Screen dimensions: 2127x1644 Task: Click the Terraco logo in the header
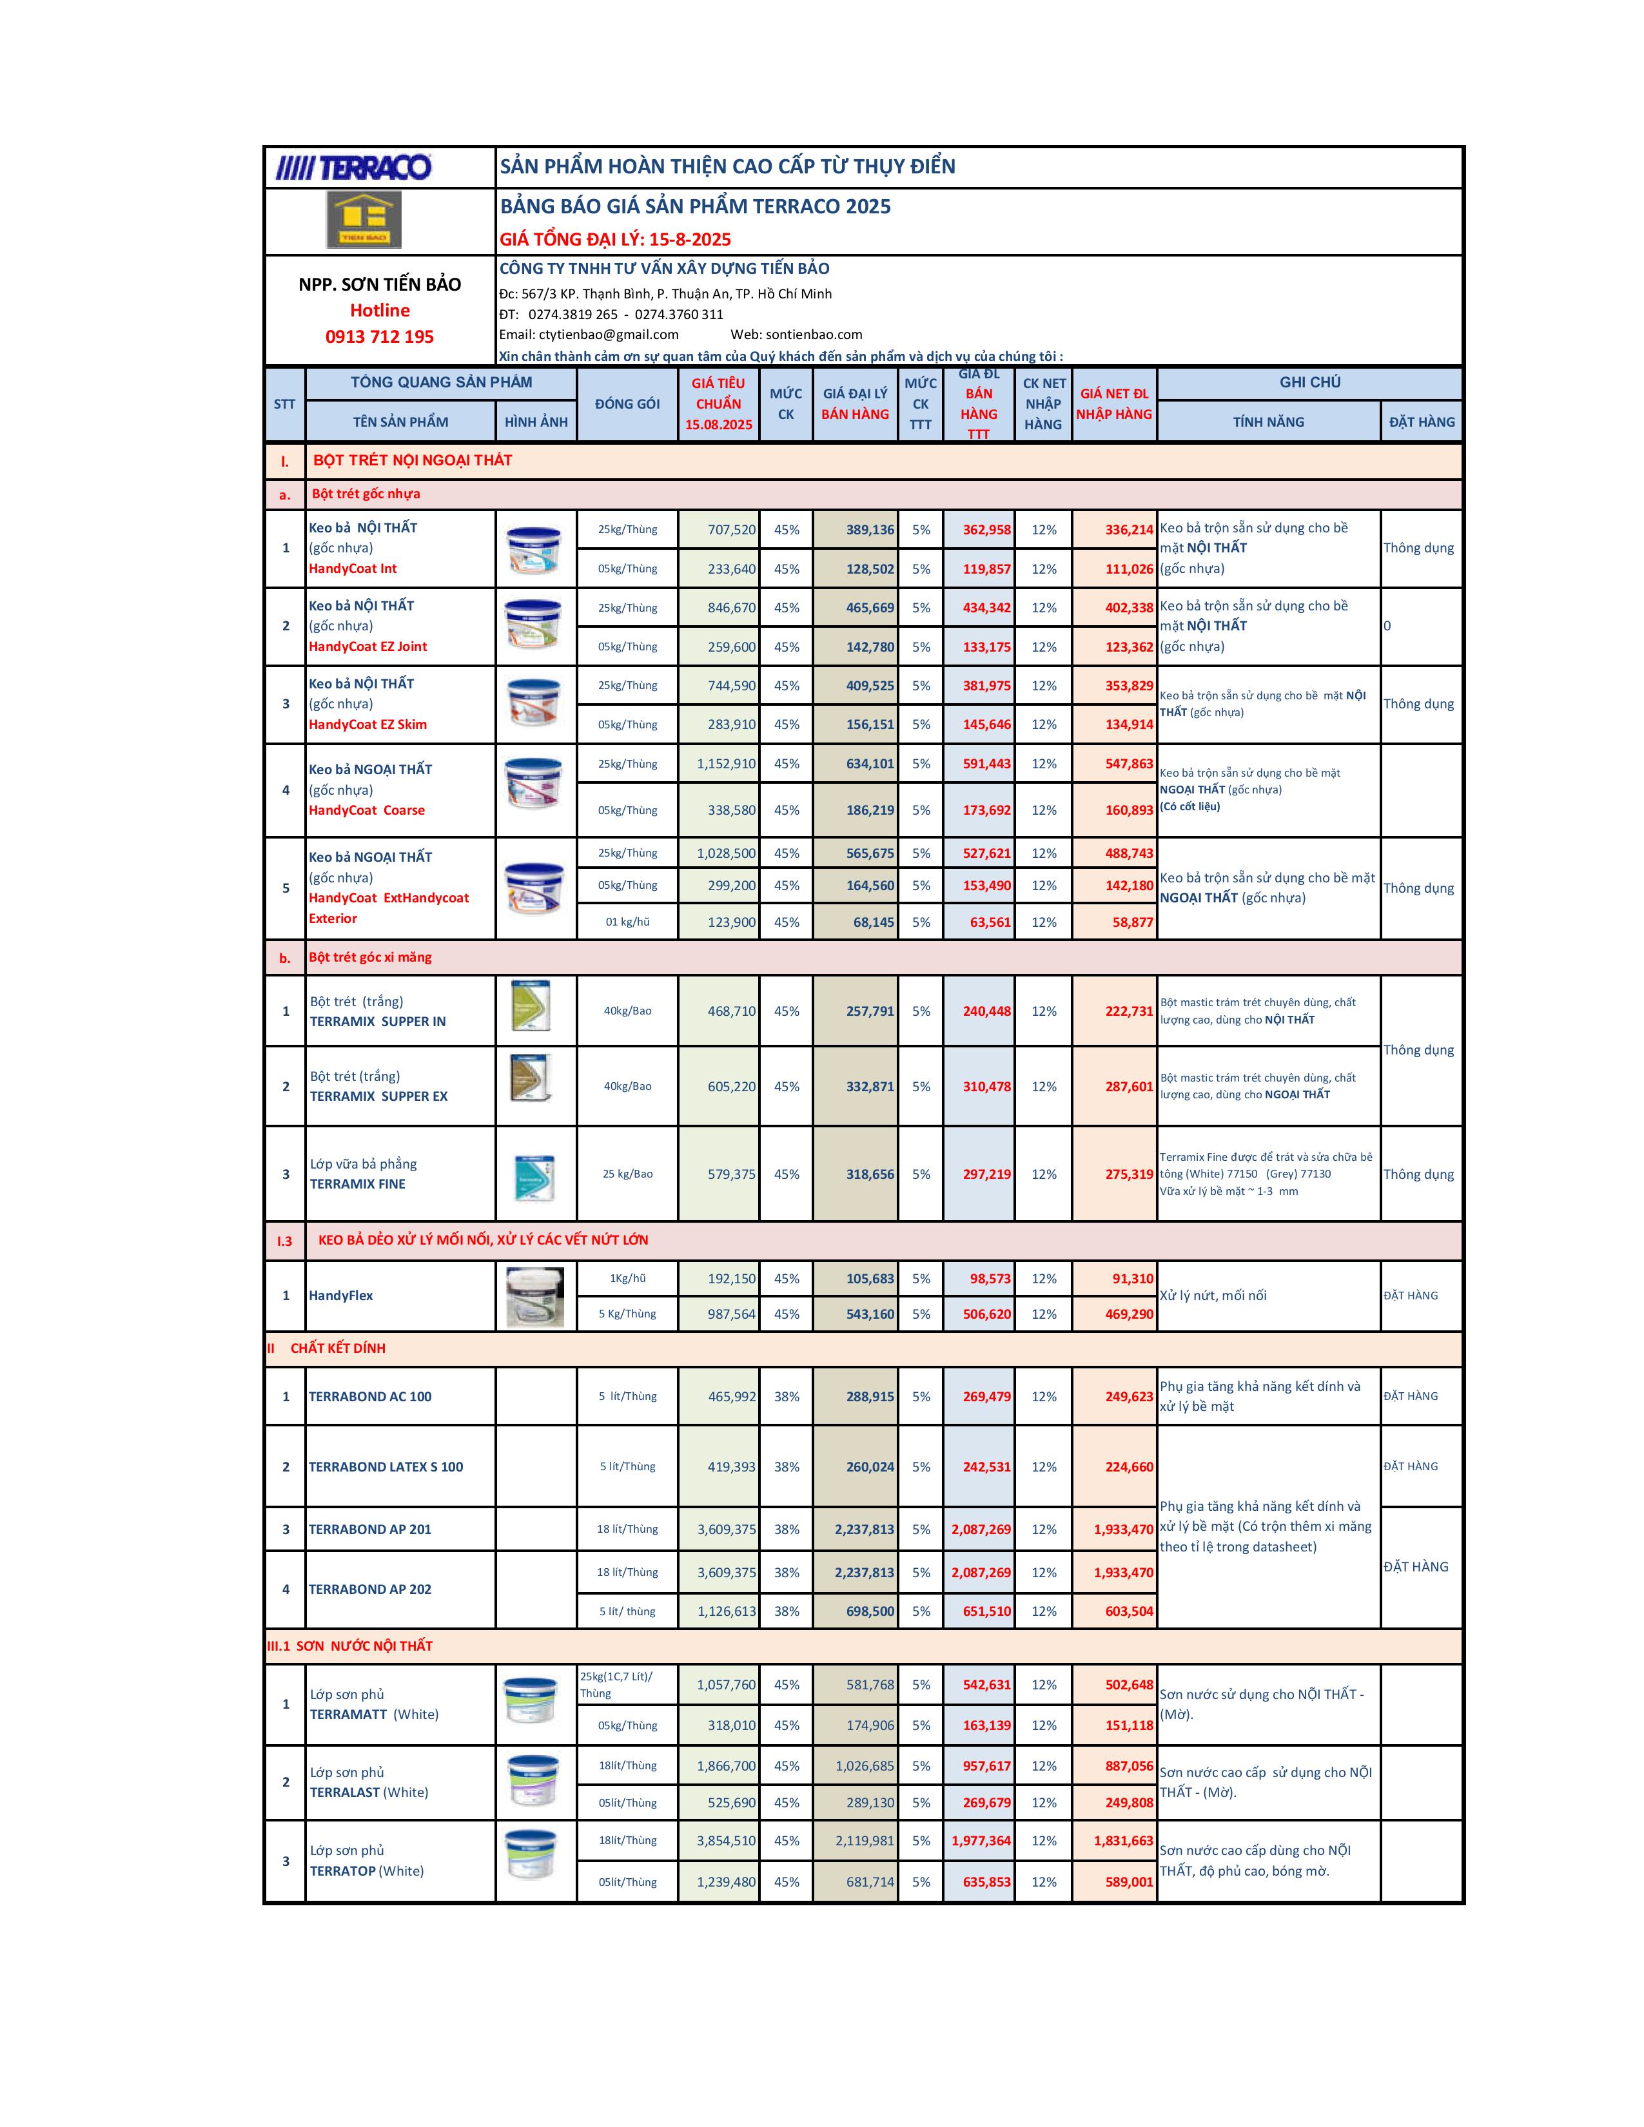point(353,168)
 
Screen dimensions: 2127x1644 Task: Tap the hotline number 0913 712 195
point(380,337)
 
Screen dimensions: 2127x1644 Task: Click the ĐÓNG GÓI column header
point(627,404)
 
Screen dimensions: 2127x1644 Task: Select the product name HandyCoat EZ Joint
point(368,646)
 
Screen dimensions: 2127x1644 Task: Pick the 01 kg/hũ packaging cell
point(627,922)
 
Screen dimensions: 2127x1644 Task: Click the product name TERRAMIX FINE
point(357,1184)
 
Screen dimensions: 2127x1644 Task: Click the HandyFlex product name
point(341,1296)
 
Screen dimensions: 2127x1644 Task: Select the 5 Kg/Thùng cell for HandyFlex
point(627,1314)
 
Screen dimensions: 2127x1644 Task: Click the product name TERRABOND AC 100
point(370,1397)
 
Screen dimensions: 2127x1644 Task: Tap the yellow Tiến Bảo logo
point(363,220)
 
